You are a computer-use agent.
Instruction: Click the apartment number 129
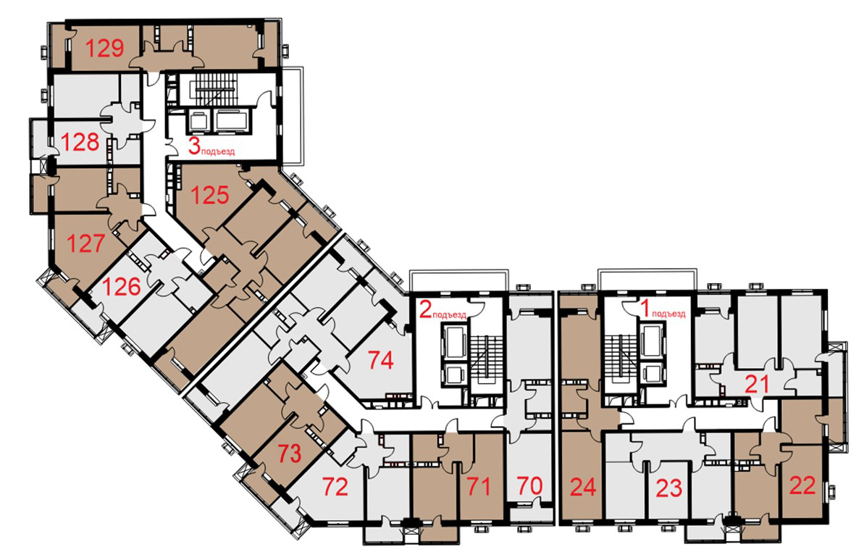pos(105,49)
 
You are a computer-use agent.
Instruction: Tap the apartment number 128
pos(80,143)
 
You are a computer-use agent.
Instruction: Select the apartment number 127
pos(85,243)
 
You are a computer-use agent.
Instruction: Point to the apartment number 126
pos(122,286)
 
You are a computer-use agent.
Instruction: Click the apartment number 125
pos(210,195)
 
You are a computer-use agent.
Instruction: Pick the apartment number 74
pos(381,360)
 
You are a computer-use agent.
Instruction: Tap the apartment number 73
pos(289,454)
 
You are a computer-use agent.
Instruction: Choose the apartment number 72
pos(335,486)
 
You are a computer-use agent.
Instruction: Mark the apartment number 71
pos(478,486)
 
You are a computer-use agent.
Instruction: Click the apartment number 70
pos(529,485)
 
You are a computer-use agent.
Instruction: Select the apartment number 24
pos(582,487)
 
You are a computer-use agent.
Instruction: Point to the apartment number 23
pos(669,488)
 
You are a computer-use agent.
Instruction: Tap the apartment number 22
pos(803,485)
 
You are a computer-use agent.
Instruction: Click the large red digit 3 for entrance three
pos(194,146)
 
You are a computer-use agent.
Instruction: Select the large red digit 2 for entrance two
pos(425,309)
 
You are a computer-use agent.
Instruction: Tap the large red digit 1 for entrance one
pos(645,309)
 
